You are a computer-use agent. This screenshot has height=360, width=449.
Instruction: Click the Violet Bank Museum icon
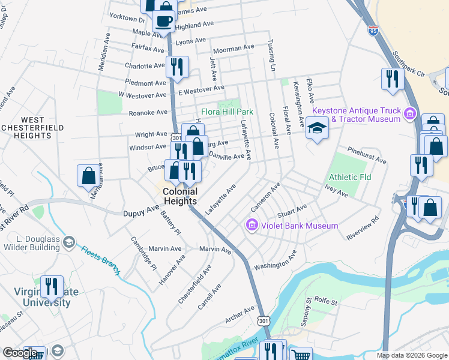pyautogui.click(x=252, y=226)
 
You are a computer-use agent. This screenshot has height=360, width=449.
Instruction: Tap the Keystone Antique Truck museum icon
pyautogui.click(x=410, y=113)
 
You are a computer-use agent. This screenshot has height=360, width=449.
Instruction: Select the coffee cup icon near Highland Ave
pyautogui.click(x=163, y=21)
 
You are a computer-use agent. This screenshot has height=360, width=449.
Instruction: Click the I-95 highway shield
pyautogui.click(x=374, y=30)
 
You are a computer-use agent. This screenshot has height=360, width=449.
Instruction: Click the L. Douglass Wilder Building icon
pyautogui.click(x=69, y=242)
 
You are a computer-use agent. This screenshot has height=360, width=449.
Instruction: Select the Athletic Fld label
pyautogui.click(x=349, y=177)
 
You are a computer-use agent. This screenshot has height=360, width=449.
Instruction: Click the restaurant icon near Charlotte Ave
pyautogui.click(x=176, y=66)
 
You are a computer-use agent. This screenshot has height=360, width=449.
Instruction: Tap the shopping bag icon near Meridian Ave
pyautogui.click(x=88, y=175)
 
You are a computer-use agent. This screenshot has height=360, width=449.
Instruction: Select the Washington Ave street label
pyautogui.click(x=276, y=262)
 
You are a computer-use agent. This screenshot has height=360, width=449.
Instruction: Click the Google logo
pyautogui.click(x=20, y=353)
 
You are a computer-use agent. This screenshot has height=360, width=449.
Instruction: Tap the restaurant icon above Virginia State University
pyautogui.click(x=52, y=286)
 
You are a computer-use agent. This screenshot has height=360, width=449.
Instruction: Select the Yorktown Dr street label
pyautogui.click(x=122, y=19)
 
